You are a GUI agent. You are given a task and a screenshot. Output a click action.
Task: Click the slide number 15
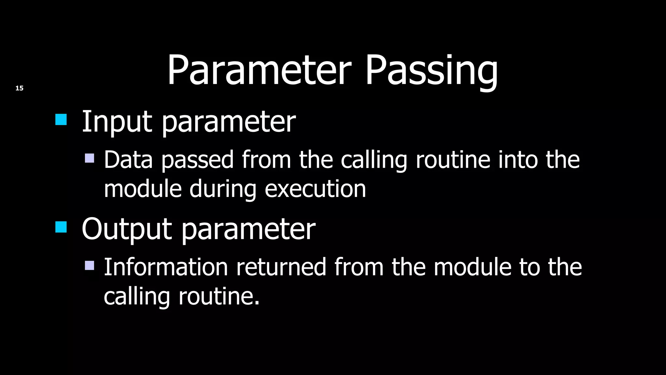pos(20,88)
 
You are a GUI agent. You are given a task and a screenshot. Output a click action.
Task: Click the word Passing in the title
pos(431,71)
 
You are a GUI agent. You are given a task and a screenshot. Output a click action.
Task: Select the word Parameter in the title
pos(259,71)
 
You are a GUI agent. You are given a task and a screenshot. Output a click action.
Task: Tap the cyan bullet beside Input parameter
pos(61,119)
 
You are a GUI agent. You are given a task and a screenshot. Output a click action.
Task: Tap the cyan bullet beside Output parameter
pos(61,227)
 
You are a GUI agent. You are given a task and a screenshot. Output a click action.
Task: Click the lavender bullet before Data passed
pos(89,158)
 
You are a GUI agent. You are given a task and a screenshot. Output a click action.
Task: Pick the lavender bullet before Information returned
pos(89,265)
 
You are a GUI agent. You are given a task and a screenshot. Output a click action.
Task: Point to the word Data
pos(128,160)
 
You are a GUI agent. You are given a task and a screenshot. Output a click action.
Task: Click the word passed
pos(197,160)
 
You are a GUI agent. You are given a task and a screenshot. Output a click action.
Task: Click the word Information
pos(166,267)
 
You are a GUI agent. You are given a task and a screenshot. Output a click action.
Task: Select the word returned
pos(281,267)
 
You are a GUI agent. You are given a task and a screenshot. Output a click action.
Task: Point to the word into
pos(518,160)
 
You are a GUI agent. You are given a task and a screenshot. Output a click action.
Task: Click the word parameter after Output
pos(248,229)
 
